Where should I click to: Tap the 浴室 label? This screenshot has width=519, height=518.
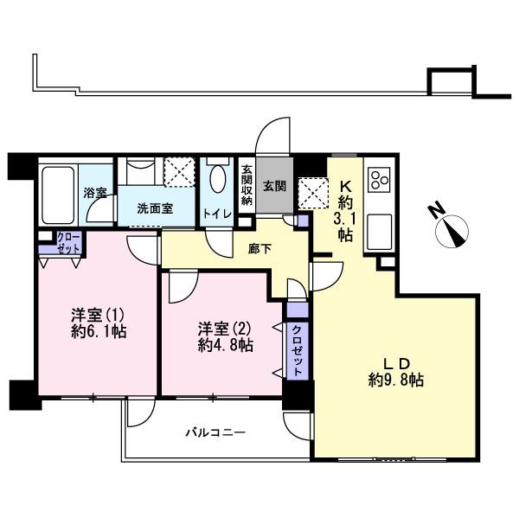[x=95, y=193]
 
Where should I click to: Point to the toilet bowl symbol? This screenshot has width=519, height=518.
[x=216, y=179]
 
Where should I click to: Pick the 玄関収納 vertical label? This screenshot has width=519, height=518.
[x=246, y=184]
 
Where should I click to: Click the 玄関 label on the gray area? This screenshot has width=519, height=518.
[x=275, y=185]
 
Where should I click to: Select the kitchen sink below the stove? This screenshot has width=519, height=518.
[x=379, y=230]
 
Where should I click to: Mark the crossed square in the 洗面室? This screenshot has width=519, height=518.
[x=181, y=170]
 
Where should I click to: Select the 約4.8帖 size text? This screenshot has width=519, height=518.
[x=225, y=344]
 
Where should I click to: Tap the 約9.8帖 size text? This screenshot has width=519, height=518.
[x=395, y=378]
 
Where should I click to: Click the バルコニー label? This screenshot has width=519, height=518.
[x=216, y=432]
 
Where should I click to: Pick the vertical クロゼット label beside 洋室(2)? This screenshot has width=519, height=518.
[x=297, y=349]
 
